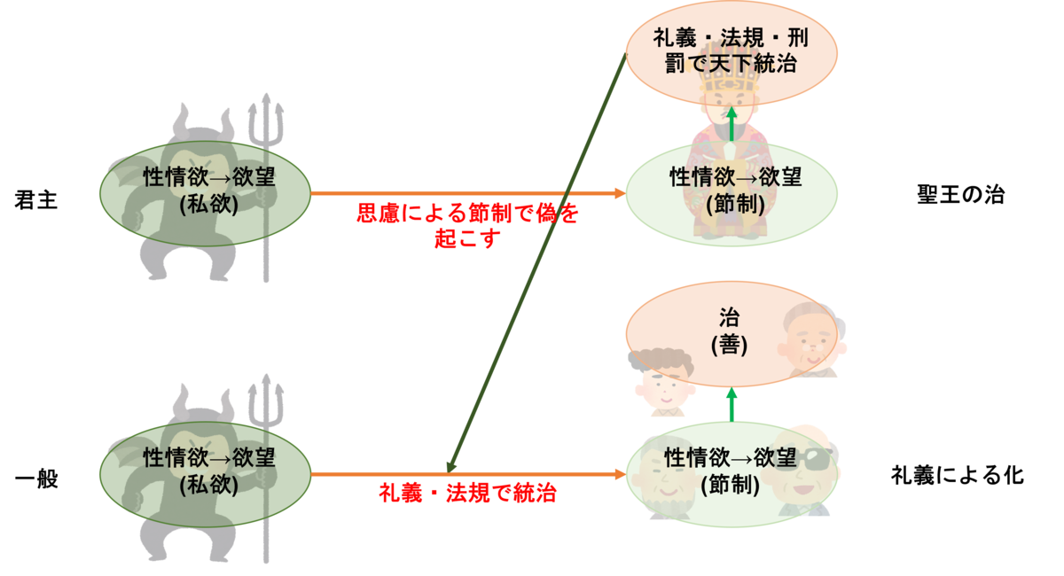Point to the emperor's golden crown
(x=730, y=75)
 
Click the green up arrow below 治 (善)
(x=731, y=403)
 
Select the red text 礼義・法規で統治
(x=467, y=494)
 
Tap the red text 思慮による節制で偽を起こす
(x=467, y=226)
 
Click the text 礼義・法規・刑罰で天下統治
(x=731, y=51)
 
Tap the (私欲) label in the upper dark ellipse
(x=208, y=204)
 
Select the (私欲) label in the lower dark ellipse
(x=208, y=485)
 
